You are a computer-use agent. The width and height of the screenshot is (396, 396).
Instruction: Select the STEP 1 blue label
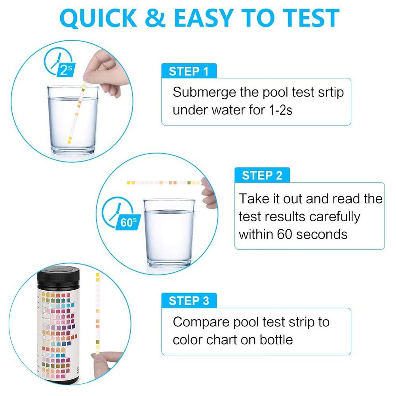[x=188, y=71]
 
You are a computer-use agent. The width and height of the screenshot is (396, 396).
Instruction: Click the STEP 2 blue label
[x=262, y=175]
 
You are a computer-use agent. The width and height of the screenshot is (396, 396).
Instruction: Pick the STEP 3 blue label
[x=188, y=301]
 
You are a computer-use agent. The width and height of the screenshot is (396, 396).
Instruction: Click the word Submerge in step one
[x=203, y=93]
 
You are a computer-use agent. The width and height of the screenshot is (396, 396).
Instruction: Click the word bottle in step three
[x=276, y=339]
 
